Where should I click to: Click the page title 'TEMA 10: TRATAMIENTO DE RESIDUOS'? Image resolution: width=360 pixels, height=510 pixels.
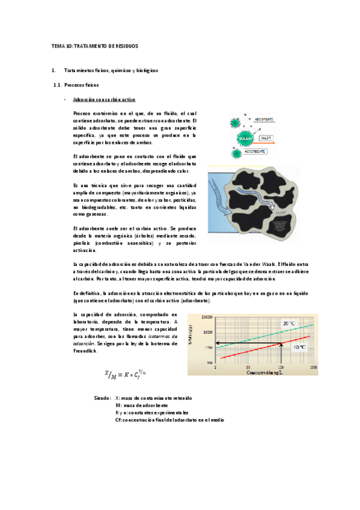coord(94,46)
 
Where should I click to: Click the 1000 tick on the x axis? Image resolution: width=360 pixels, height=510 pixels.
coord(313,367)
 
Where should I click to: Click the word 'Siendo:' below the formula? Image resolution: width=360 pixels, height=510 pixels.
coord(103,398)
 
